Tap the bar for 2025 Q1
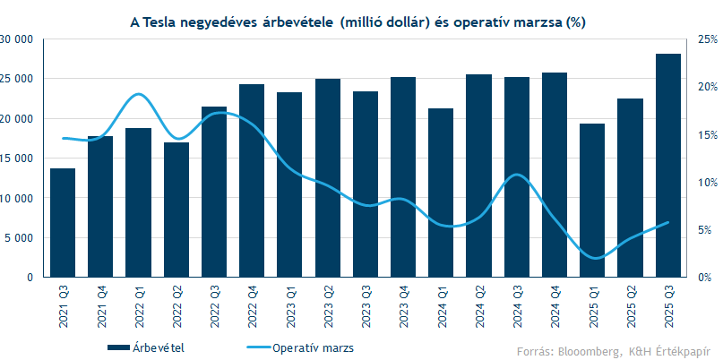click(592, 201)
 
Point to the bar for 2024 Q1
click(441, 193)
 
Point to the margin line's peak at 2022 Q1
click(138, 94)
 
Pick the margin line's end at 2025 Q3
click(668, 222)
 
